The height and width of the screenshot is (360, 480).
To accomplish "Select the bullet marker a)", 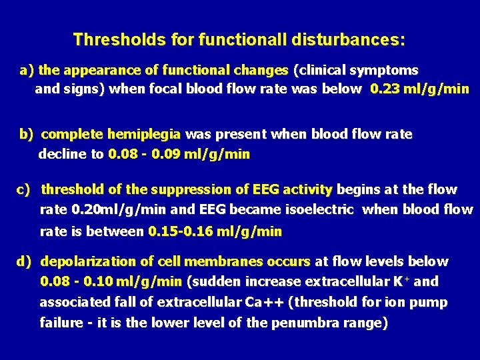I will tap(27, 70).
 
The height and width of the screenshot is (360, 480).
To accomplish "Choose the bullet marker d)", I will tap(25, 261).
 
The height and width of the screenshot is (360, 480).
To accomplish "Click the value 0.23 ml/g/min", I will tap(419, 89).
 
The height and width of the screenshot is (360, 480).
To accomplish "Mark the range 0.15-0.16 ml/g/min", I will tap(215, 231).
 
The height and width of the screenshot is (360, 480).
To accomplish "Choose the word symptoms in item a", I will tap(389, 70).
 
